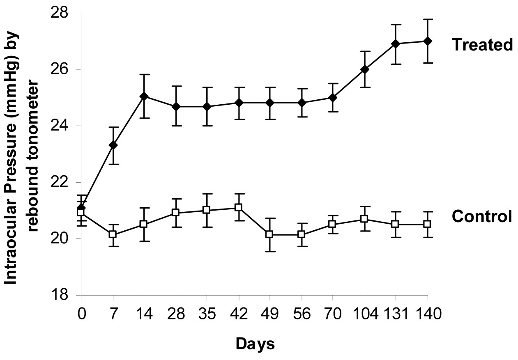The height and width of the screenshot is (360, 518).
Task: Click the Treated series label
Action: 482,45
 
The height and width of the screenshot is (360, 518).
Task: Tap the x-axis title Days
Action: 255,344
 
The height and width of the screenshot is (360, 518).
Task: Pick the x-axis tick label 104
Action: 364,315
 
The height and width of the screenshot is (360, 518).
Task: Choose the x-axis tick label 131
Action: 395,315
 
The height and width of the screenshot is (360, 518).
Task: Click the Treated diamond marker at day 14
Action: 144,96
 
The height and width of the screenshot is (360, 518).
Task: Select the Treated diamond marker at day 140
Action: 427,41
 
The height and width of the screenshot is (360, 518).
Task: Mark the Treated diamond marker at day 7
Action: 113,145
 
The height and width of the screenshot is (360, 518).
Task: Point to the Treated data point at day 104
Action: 364,69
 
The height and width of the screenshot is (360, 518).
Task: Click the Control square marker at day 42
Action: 238,207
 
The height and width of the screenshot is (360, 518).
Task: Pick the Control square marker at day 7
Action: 113,234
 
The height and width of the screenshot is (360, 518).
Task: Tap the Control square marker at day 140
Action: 427,224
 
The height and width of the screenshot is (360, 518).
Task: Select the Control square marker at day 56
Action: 302,234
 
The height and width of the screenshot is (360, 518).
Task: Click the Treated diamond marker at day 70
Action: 333,98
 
